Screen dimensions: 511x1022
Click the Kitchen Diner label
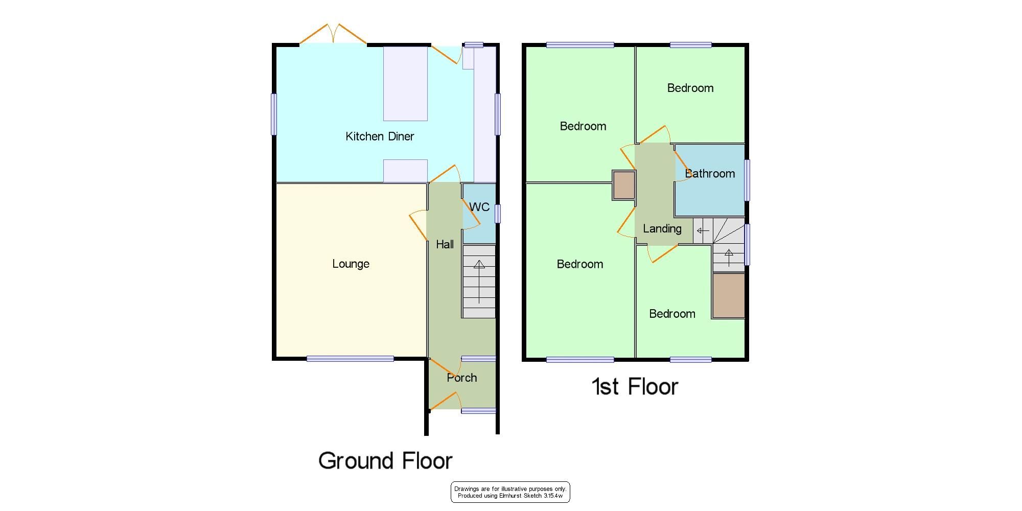click(380, 136)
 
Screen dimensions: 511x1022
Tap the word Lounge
click(351, 264)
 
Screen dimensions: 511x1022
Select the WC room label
click(479, 207)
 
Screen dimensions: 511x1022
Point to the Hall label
click(445, 245)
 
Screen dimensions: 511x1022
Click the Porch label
click(462, 378)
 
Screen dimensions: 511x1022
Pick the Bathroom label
click(710, 174)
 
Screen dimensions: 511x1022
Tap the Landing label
click(662, 229)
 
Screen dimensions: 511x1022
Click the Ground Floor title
click(385, 461)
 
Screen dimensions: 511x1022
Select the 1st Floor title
click(635, 387)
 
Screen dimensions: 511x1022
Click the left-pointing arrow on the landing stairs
click(703, 231)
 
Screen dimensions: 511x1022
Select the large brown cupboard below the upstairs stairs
click(729, 296)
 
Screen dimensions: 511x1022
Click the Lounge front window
click(351, 359)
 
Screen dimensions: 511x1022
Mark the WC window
click(498, 214)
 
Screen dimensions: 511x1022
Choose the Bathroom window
click(747, 180)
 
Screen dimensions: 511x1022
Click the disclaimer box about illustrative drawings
click(510, 492)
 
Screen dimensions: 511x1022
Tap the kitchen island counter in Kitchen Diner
click(405, 84)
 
